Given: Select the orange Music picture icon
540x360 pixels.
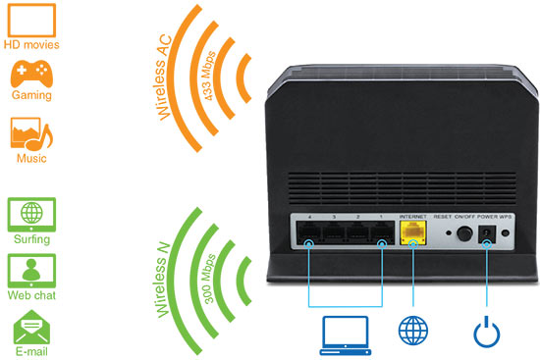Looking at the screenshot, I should pos(30,134).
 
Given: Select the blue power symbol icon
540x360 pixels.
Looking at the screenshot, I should pos(486,331).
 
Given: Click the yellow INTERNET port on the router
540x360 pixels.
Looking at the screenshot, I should pos(412,233).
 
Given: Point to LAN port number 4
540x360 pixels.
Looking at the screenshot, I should pos(310,234).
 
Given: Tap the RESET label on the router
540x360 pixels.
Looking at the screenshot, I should pos(443,215).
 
